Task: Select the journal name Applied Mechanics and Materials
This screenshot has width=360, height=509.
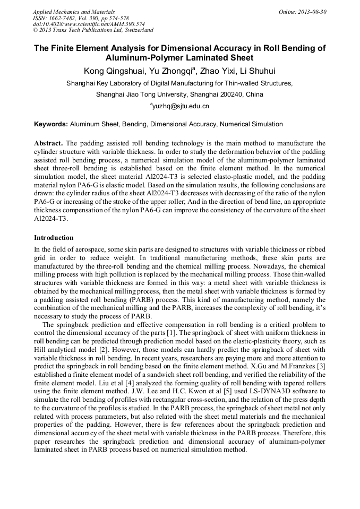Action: [74, 12]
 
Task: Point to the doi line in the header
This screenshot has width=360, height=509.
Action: [89, 24]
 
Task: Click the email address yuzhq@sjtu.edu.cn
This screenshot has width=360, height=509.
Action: [180, 106]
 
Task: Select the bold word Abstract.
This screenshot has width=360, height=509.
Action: [49, 143]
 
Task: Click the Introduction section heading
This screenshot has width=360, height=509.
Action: [54, 237]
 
